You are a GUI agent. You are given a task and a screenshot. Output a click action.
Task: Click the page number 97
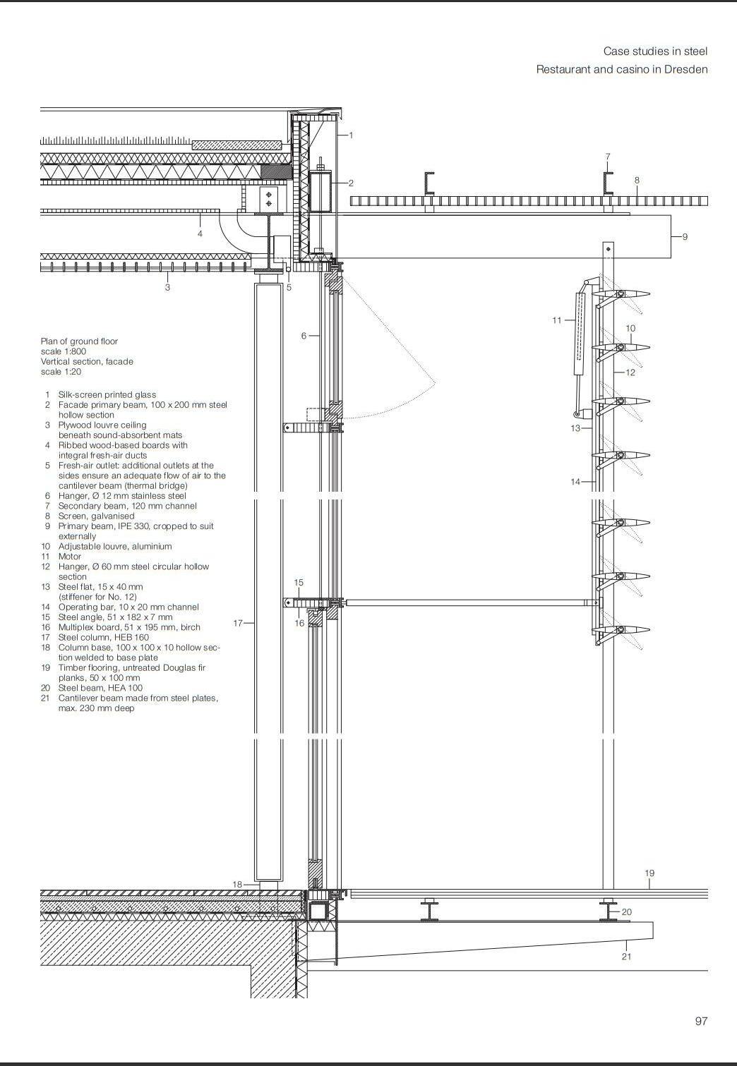701,1021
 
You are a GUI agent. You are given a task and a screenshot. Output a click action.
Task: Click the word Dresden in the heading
685,69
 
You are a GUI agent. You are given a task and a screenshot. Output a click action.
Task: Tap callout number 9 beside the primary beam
684,237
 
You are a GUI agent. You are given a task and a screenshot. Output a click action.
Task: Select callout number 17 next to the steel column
238,623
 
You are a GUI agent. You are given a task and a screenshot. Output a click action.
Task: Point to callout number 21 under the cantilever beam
626,957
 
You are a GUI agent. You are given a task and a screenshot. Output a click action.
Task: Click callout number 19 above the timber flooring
649,873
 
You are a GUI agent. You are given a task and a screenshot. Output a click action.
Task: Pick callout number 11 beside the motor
557,320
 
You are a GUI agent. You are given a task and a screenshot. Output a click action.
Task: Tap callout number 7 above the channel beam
607,157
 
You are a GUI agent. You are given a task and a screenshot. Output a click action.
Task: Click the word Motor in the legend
70,557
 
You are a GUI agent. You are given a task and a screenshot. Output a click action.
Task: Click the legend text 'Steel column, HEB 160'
104,638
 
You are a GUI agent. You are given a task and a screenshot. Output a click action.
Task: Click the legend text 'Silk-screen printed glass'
107,395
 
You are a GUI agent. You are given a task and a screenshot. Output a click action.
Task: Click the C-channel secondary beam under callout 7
608,183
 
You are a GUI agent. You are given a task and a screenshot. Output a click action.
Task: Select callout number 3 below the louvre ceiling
167,287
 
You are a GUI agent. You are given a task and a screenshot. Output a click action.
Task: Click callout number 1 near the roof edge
351,135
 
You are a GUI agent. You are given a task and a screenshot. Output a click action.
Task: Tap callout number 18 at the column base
238,885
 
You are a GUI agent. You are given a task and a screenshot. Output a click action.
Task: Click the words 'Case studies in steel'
655,52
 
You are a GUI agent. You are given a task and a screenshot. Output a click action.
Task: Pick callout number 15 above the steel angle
299,583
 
